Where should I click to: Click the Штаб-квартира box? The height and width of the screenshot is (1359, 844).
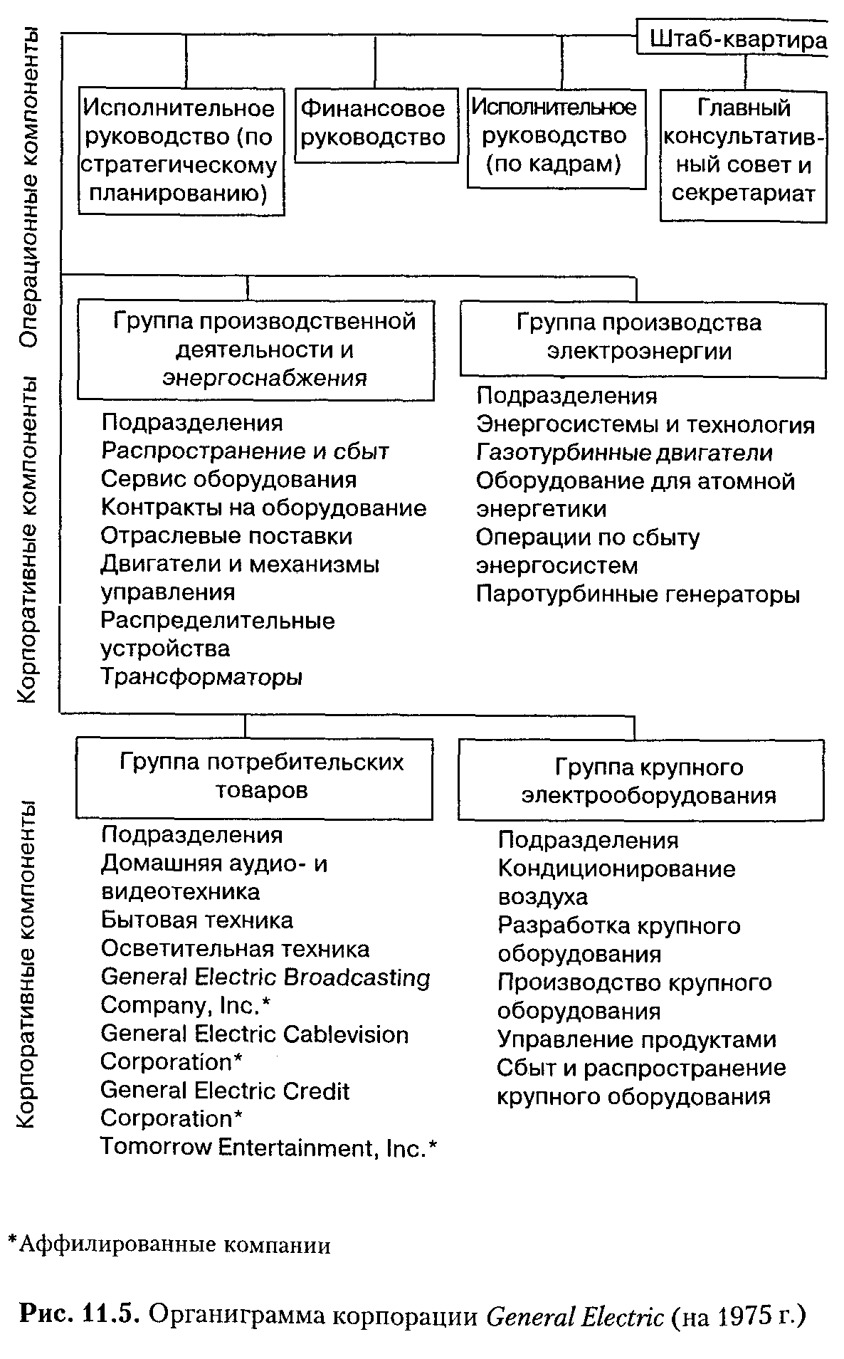pos(737,40)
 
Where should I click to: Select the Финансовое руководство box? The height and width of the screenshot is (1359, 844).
pos(376,125)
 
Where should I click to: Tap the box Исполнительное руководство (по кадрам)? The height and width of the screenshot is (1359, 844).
pos(556,137)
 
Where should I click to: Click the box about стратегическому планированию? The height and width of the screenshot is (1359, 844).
pos(181,151)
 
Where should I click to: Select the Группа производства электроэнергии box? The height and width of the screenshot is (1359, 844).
pos(642,337)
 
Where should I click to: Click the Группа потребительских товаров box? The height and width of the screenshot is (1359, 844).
pos(254,777)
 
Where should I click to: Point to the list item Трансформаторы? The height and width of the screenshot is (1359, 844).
pos(202,677)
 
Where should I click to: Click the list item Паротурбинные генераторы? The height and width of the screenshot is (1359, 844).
pos(638,594)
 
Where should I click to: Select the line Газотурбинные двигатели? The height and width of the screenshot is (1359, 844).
pos(624,453)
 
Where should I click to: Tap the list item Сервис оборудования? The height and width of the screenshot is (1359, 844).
pos(228,479)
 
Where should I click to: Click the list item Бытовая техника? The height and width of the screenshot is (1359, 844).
pos(197,920)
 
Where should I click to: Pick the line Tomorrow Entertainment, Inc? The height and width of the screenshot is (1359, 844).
pos(268,1147)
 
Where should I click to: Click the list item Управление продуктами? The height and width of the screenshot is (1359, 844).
pos(636,1039)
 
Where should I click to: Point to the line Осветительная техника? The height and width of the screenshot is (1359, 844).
pos(235,949)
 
